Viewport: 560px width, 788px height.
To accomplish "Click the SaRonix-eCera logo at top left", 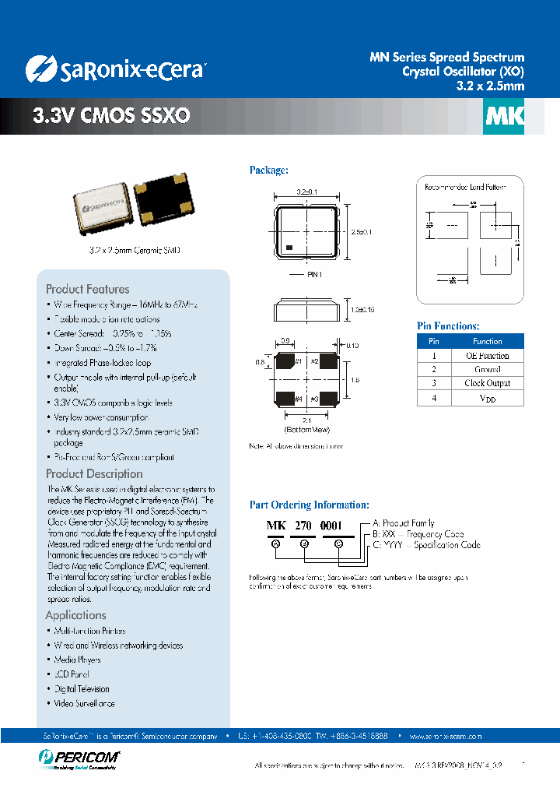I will (x=114, y=69).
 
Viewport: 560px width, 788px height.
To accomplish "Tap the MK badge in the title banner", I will (x=505, y=116).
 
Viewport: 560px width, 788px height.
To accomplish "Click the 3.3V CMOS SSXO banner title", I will (x=111, y=116).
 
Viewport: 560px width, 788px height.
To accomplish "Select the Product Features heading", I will (x=87, y=289).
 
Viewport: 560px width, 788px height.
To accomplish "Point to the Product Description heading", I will (x=94, y=473).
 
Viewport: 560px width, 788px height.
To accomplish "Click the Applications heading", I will (x=75, y=615).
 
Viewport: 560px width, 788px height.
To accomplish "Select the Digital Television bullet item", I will (x=82, y=689).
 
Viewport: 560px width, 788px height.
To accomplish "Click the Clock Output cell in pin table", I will (x=487, y=383).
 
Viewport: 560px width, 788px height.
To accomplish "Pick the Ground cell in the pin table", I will (x=487, y=369).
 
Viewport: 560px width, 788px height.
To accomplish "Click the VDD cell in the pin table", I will (x=487, y=398).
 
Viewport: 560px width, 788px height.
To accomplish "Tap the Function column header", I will (x=487, y=341).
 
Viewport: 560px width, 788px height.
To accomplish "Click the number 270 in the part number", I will (x=303, y=526).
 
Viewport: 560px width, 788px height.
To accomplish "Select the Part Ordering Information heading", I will (x=309, y=505).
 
